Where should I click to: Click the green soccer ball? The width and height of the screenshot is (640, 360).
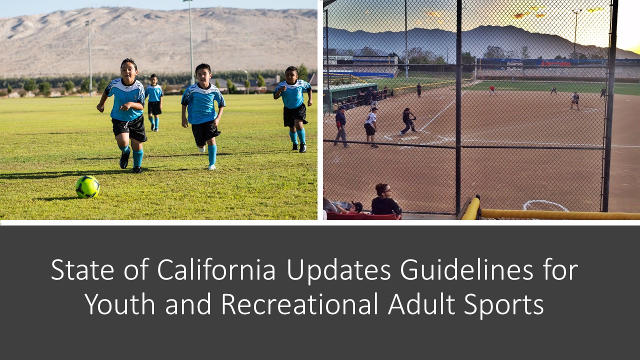pos(87,187)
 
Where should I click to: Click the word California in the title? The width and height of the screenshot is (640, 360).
pos(216,269)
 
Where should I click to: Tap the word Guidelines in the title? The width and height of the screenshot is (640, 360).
pos(466,269)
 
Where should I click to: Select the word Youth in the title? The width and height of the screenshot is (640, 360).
pos(120,304)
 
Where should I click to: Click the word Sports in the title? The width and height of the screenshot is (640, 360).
pos(503,304)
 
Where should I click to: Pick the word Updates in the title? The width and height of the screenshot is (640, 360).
pos(338,270)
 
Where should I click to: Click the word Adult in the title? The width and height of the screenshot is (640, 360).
pos(421,304)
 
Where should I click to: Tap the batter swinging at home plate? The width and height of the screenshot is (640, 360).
pos(408,121)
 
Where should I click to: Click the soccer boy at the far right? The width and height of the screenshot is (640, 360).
pos(293,109)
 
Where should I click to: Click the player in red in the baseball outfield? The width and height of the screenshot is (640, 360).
pos(492,89)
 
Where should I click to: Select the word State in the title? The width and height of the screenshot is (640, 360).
pos(82,269)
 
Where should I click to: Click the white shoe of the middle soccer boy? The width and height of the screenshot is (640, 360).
pos(211,167)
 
